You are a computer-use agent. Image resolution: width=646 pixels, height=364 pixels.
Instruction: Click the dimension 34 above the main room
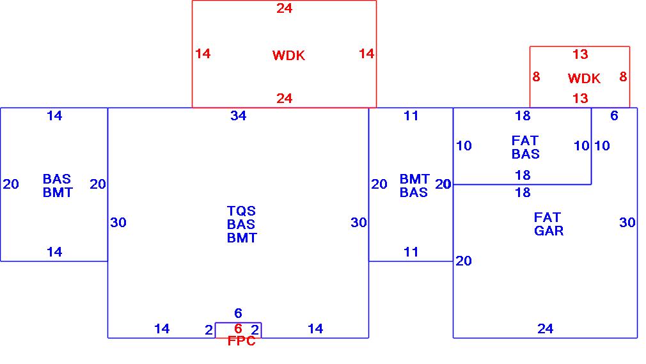click(238, 116)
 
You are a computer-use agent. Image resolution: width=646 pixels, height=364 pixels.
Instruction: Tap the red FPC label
click(241, 342)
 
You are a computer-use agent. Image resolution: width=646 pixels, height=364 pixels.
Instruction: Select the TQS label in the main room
click(241, 211)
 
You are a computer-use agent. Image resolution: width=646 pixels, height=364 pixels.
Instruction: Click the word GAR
click(549, 231)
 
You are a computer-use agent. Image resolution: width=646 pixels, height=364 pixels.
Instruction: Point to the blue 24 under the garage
click(545, 329)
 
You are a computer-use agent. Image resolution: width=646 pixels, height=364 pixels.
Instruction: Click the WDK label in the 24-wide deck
click(288, 56)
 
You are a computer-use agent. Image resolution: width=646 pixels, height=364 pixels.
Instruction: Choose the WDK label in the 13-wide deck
click(584, 79)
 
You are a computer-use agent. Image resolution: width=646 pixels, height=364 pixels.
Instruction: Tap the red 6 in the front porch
click(238, 329)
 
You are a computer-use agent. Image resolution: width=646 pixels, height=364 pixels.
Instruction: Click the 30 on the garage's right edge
click(627, 223)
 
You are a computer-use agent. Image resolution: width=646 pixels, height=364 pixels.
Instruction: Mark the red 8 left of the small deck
click(536, 77)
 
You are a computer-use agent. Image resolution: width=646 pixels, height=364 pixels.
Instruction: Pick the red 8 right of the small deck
click(623, 77)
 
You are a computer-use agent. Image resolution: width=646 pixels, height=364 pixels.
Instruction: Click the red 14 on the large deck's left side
click(203, 54)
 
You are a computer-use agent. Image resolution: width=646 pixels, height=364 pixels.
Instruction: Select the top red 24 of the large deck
click(284, 8)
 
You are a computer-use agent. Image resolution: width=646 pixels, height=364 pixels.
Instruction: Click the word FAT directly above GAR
click(547, 218)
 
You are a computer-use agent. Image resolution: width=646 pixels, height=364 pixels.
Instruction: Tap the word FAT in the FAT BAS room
click(525, 140)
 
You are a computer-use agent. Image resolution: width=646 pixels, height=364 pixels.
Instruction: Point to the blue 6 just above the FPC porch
click(238, 313)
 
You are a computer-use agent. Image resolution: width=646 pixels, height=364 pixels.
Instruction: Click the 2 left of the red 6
click(209, 330)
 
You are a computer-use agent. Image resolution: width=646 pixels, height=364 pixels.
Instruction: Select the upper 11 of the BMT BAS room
click(411, 116)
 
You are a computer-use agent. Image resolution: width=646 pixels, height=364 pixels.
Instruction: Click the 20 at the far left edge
click(11, 184)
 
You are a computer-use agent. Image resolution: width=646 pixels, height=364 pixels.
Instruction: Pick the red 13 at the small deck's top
click(579, 54)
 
